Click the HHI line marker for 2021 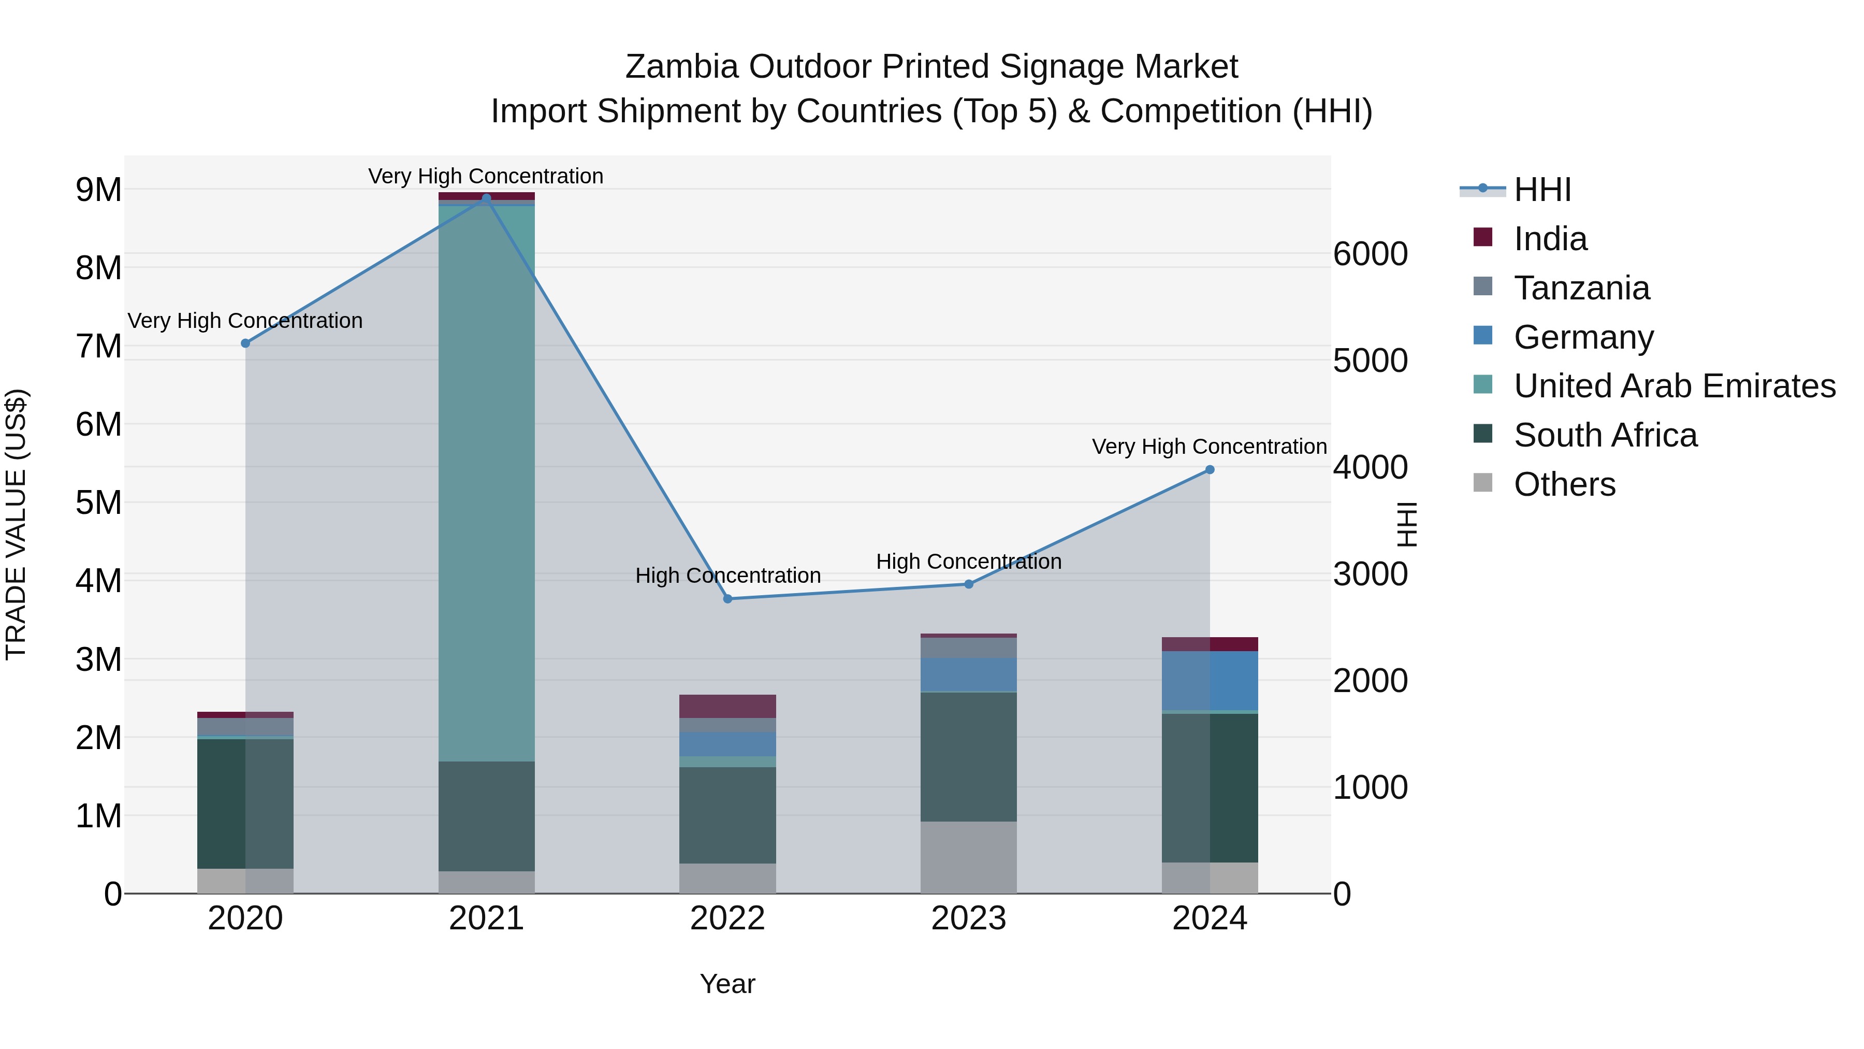pos(486,198)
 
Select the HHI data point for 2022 pos(728,599)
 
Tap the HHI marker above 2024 pos(1210,470)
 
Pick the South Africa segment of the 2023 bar pos(968,756)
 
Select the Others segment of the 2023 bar pos(968,857)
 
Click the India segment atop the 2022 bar pos(727,706)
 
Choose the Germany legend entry pos(1583,337)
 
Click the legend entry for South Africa pos(1605,435)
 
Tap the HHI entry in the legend pos(1542,190)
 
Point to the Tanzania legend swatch pos(1483,286)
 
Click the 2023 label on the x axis pos(968,918)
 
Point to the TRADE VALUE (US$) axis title pos(17,524)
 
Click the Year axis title pos(727,984)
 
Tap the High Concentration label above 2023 pos(968,562)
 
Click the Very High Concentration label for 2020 pos(245,321)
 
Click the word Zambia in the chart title pos(681,67)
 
